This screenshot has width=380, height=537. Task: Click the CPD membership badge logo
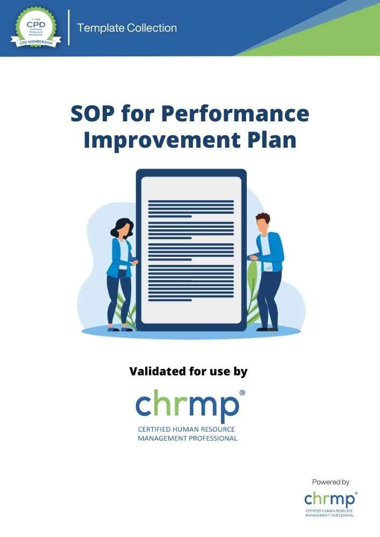click(x=35, y=27)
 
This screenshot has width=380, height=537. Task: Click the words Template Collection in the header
click(x=127, y=28)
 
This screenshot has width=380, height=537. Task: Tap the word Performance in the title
click(x=235, y=114)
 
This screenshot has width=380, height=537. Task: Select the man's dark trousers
click(x=269, y=295)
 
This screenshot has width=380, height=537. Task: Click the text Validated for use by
click(x=188, y=371)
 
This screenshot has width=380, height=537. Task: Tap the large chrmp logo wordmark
click(x=188, y=407)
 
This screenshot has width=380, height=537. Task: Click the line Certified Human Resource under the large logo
click(x=187, y=430)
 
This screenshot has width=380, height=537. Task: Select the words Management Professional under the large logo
click(x=188, y=438)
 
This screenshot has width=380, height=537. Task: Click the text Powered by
click(x=331, y=482)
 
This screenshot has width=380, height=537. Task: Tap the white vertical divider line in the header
click(x=69, y=27)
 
